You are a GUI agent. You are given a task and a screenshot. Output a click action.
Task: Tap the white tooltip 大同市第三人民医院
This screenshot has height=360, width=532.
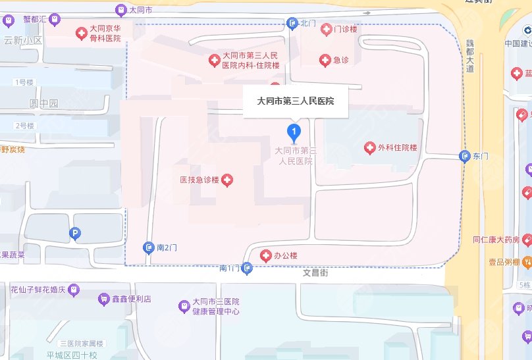[x=296, y=101]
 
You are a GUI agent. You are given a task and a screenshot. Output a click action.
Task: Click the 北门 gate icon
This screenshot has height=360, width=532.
[x=292, y=24]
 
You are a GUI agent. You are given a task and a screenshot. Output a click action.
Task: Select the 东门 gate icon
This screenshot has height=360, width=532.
[x=464, y=156]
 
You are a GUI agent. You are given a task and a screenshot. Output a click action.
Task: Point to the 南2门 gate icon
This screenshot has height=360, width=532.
[x=149, y=247]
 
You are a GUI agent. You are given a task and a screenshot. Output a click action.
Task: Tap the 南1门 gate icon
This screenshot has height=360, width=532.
[x=247, y=268]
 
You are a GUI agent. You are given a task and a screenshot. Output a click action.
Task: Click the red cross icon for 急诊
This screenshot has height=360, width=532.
[x=325, y=61]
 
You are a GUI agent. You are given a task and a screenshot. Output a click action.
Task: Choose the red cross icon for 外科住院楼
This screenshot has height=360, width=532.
[x=369, y=148]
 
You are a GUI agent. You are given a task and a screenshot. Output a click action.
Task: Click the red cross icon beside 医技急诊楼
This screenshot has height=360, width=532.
[x=227, y=180]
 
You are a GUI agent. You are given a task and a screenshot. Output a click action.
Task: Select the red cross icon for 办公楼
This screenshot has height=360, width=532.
[x=266, y=255]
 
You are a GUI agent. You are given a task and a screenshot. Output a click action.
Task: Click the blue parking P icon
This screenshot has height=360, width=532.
[x=75, y=233]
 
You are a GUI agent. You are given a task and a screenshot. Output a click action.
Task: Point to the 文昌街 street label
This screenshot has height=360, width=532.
[x=315, y=270]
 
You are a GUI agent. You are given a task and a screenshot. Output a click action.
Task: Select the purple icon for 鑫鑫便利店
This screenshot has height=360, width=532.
[x=103, y=299]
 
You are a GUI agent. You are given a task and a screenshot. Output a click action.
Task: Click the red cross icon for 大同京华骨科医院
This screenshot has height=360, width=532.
[x=82, y=33]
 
